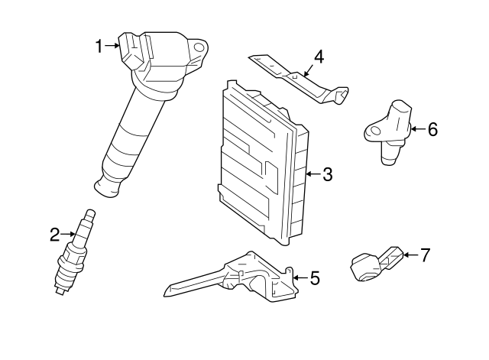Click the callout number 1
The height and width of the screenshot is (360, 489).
click(99, 46)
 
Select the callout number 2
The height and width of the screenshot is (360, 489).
click(54, 235)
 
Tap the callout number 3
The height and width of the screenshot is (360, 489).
click(328, 174)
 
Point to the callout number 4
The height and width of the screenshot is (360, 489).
click(319, 57)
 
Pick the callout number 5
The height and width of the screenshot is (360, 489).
click(315, 278)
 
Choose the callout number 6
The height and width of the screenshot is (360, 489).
click(432, 129)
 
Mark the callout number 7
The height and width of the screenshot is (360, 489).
click(426, 255)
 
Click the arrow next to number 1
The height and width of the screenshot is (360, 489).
click(112, 46)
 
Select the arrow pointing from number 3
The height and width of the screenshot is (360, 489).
click(313, 174)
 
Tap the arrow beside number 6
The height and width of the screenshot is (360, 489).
click(419, 128)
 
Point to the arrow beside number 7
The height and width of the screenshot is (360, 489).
click(411, 255)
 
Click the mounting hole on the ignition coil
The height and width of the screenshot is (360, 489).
click(199, 47)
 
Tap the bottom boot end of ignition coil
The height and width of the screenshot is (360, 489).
click(107, 188)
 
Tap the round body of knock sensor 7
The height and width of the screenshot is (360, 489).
click(365, 268)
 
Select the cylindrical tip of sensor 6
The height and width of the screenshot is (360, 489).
click(389, 160)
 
